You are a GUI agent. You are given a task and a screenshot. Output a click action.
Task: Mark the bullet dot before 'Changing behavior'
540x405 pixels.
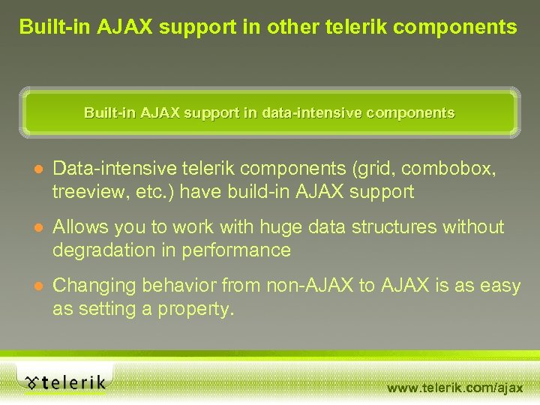pos(38,286)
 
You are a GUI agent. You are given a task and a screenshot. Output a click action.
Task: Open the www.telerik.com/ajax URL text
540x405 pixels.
pos(455,388)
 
